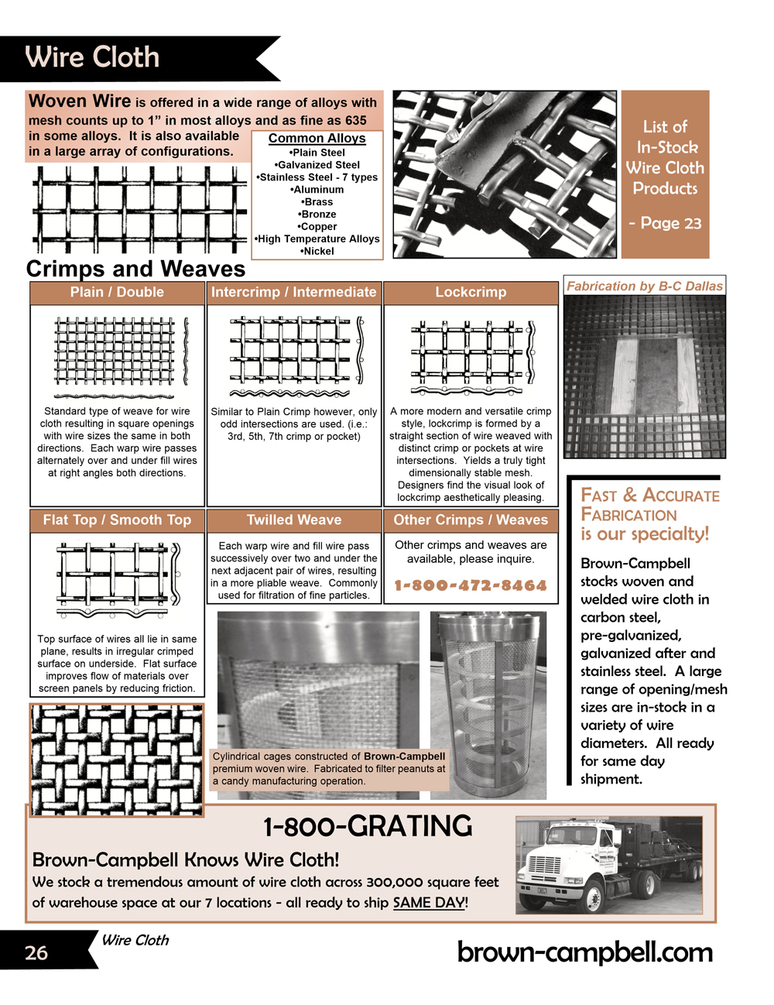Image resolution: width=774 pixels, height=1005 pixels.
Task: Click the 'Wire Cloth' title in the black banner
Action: point(92,57)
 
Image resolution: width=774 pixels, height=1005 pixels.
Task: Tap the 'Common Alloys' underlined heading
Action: point(317,139)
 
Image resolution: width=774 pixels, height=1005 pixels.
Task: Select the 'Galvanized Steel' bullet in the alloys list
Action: point(317,165)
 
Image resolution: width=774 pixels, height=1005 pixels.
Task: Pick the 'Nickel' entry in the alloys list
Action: point(317,252)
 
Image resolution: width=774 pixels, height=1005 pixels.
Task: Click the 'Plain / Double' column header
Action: point(117,293)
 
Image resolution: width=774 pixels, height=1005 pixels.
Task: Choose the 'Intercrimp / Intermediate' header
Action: point(294,293)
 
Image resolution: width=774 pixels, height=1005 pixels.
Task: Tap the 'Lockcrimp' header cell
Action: point(471,293)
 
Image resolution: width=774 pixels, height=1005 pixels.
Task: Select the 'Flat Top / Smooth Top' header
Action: point(117,520)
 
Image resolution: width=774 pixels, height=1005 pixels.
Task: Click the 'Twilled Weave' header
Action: point(294,520)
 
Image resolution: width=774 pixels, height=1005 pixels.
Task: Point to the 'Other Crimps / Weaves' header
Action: point(471,520)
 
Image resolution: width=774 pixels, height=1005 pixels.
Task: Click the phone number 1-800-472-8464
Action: point(471,586)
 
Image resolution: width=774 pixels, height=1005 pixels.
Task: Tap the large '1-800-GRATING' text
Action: point(368,827)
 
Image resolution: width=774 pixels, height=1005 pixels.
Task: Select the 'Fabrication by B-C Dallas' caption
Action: point(644,286)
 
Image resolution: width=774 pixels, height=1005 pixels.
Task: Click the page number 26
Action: point(36,953)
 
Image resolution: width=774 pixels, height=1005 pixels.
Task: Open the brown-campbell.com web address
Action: point(585,952)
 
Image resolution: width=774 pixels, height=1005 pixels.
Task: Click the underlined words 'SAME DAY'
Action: point(429,903)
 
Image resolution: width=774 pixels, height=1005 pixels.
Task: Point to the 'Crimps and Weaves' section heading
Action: point(136,269)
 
